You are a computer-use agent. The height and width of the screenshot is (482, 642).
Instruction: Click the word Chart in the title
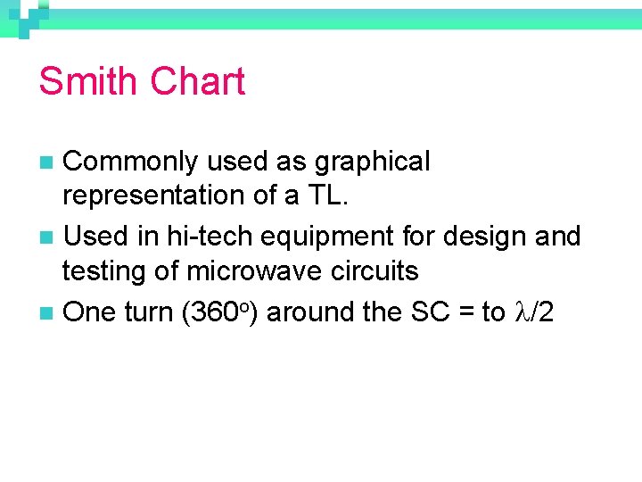click(198, 81)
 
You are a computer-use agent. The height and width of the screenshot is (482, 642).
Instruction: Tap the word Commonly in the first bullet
click(132, 162)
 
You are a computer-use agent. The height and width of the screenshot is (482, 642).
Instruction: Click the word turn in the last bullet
click(147, 312)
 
